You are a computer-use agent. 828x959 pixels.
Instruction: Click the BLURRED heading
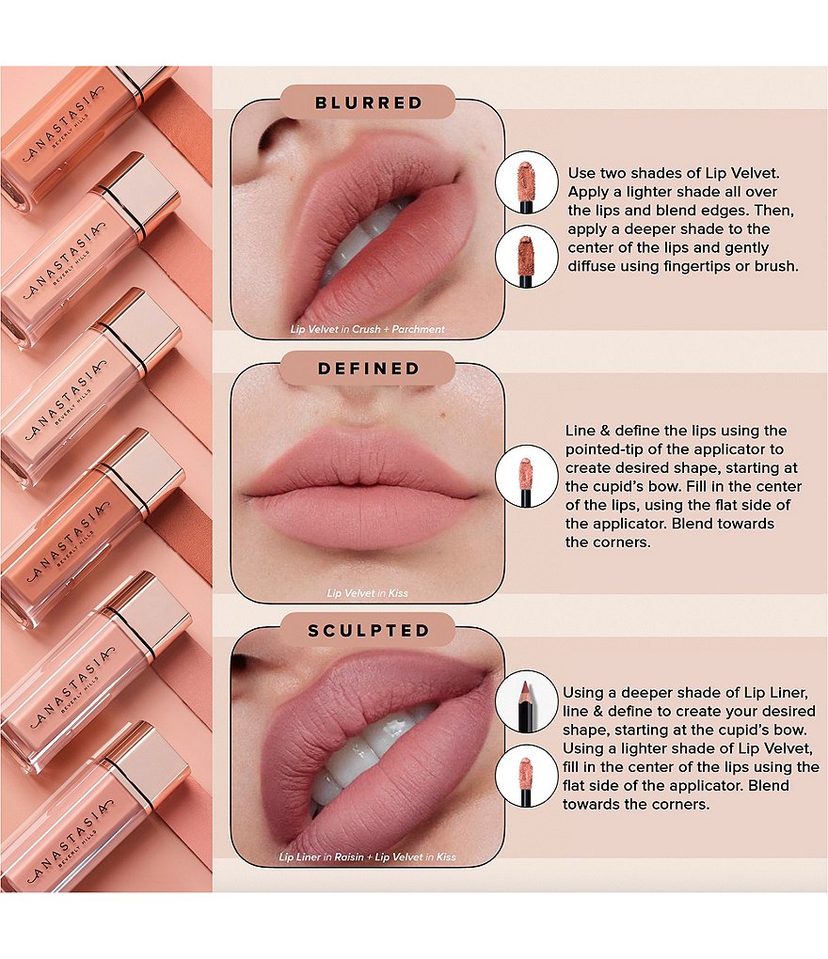coord(369,102)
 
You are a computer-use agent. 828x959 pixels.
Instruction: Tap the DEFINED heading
coord(369,369)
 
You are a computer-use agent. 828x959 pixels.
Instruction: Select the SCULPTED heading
coord(369,631)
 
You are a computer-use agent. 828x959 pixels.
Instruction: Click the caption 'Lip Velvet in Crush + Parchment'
coord(367,329)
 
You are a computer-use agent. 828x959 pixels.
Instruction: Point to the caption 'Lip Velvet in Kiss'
coord(367,592)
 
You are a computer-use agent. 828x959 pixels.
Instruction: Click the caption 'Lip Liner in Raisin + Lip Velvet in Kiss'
coord(367,857)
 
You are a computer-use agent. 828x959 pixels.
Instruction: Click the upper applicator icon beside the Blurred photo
coord(526,182)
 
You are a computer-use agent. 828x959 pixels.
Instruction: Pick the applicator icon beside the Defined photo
coord(526,476)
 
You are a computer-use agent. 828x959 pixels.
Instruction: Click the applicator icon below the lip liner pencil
coord(526,776)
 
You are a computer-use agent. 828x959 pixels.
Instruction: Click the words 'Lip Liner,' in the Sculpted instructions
coord(776,693)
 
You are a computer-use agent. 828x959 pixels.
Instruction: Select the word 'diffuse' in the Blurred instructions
coord(591,266)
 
